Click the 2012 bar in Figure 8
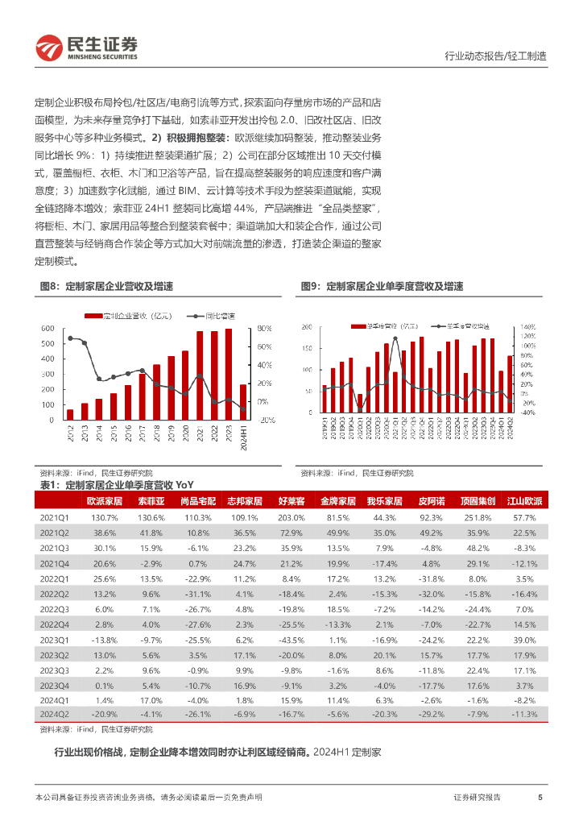click(70, 414)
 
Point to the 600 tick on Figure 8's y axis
click(48, 329)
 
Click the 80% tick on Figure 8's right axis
click(265, 329)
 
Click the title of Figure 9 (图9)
click(382, 286)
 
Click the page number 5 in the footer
click(540, 797)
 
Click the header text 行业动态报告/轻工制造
click(495, 56)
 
